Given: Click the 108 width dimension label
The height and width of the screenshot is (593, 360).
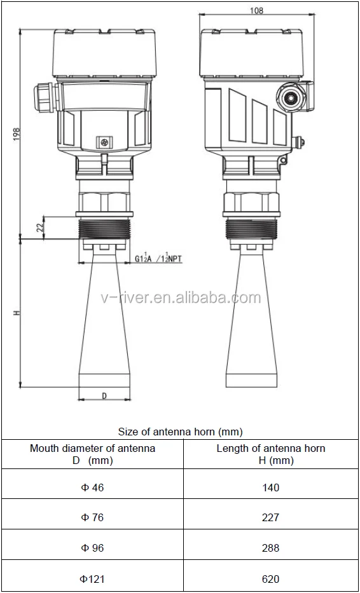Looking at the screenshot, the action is point(257,10).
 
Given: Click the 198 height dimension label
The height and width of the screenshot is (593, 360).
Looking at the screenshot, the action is point(17,134).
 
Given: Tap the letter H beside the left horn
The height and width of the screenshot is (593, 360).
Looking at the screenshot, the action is point(17,313).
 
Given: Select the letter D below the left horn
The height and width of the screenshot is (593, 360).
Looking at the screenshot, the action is point(104,395).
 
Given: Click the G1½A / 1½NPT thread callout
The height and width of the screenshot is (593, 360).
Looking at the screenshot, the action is point(158,258).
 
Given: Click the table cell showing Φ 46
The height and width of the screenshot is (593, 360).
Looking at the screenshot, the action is point(92,487).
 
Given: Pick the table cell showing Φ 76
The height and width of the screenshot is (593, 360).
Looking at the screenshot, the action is point(92,517).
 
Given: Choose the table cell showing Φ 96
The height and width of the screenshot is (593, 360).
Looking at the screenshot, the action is point(92,548).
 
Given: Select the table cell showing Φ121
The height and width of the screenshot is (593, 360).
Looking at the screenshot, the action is point(92,578).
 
